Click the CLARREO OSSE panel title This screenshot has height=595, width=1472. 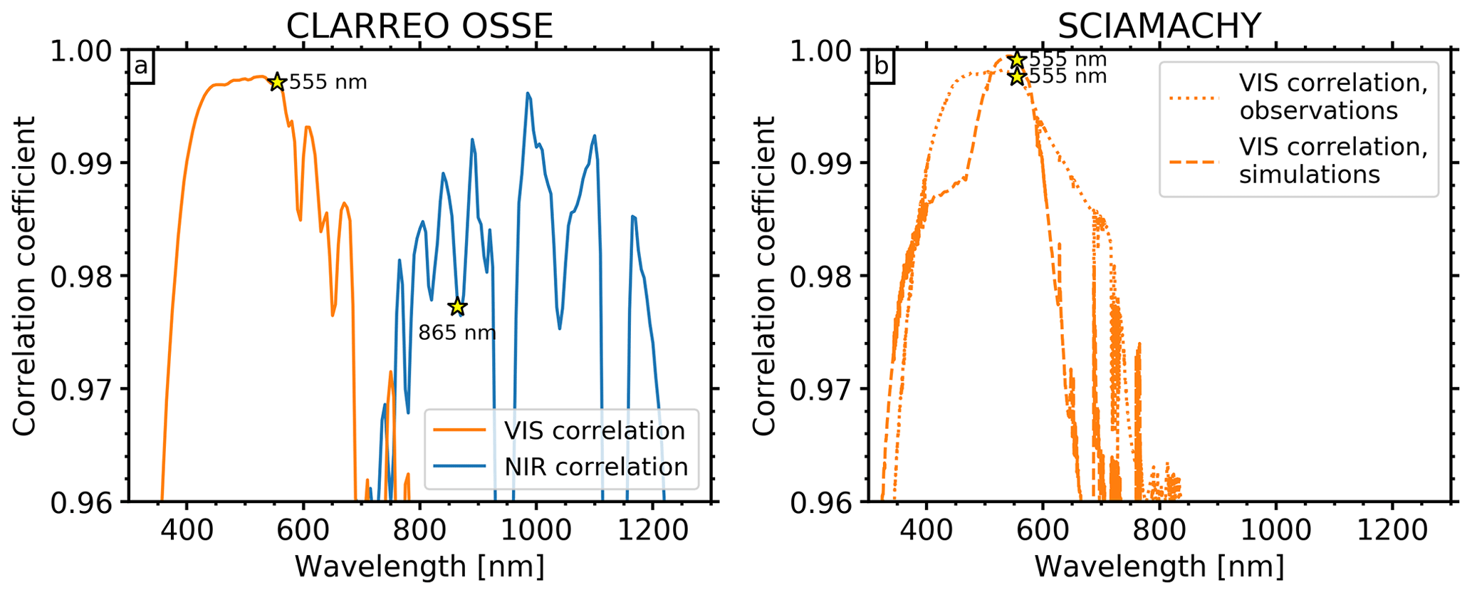point(419,26)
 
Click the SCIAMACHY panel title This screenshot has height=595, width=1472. point(1159,26)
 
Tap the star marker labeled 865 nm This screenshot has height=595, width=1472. point(457,306)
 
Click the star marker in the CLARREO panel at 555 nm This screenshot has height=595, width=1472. point(277,82)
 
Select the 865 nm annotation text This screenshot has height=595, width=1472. point(456,332)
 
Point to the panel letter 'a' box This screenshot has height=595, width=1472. point(141,66)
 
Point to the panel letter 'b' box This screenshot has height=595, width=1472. point(881,66)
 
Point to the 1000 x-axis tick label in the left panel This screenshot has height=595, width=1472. point(536,529)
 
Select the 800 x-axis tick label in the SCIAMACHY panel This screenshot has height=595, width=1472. point(1159,529)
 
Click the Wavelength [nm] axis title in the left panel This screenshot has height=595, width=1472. point(419,566)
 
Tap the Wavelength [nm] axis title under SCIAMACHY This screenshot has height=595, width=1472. point(1159,566)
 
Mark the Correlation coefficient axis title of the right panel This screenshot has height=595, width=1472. point(765,276)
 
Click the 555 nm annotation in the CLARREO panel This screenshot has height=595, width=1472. point(328,83)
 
